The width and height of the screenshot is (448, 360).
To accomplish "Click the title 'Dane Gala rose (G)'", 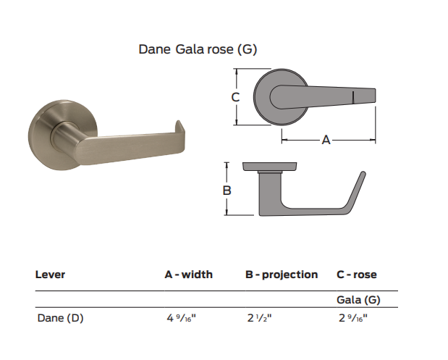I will [x=198, y=49].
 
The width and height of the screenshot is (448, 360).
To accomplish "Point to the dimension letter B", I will [x=227, y=191].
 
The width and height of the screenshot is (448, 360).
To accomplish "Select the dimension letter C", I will [x=235, y=96].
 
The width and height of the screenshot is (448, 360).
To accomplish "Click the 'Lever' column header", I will [x=50, y=275].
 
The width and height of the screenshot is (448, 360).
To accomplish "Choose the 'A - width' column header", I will [x=188, y=275].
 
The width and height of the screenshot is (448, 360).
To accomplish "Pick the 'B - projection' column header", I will [x=282, y=275].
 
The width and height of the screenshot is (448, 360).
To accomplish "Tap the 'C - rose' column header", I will [x=357, y=275].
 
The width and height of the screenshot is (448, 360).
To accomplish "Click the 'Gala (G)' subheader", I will [x=358, y=300].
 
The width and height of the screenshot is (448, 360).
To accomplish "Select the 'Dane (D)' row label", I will [x=60, y=317].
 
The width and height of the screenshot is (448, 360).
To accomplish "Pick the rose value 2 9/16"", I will [x=354, y=317].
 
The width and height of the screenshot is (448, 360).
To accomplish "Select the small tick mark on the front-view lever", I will [x=352, y=96].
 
